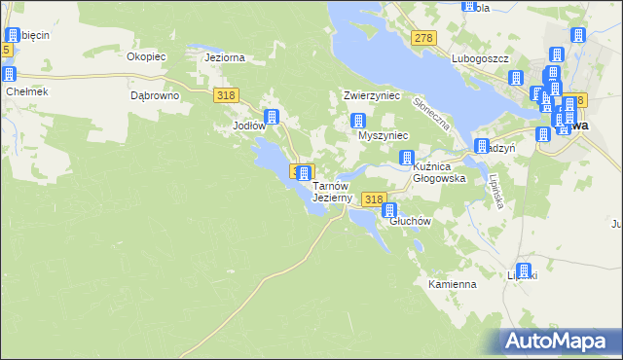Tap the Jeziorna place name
[224, 57]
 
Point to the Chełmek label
[26, 91]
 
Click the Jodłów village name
[248, 126]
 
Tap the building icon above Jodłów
[272, 117]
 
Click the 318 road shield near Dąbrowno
[226, 94]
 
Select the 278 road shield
[422, 38]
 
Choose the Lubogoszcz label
[480, 58]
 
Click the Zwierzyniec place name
[372, 96]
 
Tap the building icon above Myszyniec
[358, 122]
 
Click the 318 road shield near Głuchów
[373, 199]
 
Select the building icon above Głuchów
[390, 210]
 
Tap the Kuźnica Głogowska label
[440, 173]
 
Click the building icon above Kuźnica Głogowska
[409, 158]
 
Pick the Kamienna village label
[452, 285]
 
